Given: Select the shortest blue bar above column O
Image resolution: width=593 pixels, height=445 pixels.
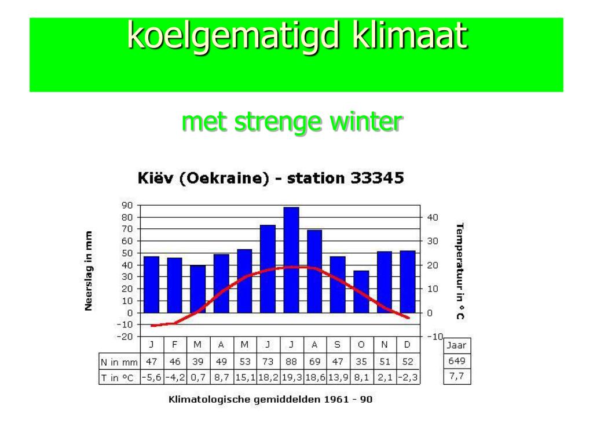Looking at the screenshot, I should [x=361, y=291].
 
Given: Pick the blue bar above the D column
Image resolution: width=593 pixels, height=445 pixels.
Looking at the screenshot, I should [x=407, y=282].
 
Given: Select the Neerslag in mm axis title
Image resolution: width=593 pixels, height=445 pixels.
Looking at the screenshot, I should [x=89, y=271].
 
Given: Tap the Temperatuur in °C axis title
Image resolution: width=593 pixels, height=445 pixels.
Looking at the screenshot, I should [x=460, y=271].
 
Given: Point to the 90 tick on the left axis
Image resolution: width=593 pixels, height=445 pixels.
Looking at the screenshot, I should [x=127, y=205].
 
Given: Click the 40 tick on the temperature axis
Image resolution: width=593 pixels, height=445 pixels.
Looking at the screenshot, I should [x=433, y=217].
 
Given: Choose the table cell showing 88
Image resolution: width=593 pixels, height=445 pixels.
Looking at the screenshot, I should [x=291, y=362].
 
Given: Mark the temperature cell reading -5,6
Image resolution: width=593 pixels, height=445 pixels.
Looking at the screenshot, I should [x=151, y=378].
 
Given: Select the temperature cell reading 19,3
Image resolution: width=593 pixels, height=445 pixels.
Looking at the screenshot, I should [x=291, y=378].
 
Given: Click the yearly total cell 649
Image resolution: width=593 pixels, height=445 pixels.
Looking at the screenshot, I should [x=457, y=362].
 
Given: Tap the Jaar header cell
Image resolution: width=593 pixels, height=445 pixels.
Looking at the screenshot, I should [x=457, y=345].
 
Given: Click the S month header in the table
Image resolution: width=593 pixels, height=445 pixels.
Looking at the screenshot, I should [x=337, y=345].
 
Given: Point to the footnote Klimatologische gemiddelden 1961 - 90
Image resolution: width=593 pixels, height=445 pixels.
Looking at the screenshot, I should [x=270, y=400].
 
